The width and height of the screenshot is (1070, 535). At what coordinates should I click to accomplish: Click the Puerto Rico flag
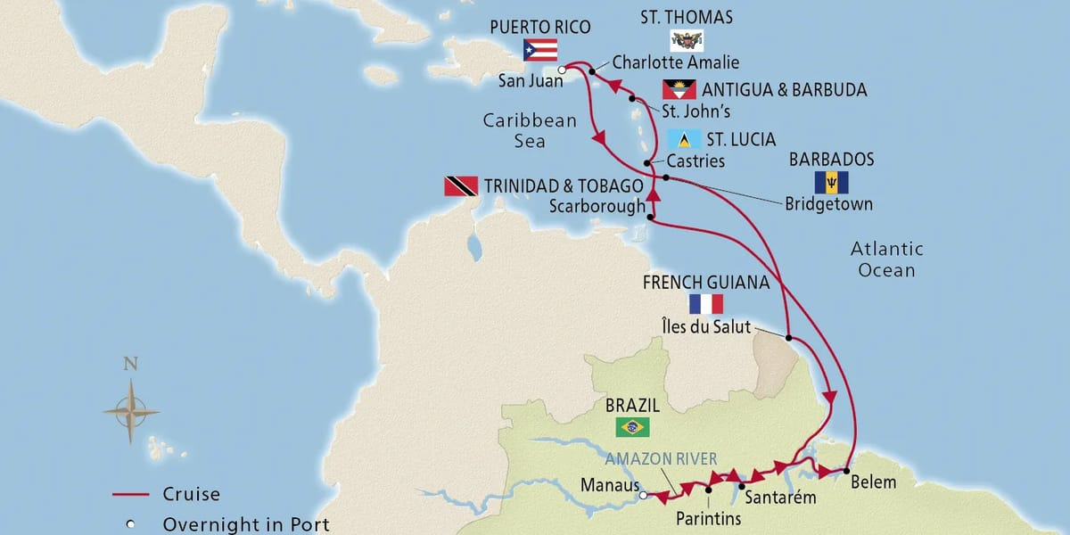click(540, 50)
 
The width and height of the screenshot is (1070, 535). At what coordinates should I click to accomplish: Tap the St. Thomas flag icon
click(687, 40)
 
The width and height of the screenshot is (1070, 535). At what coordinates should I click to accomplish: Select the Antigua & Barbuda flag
click(679, 90)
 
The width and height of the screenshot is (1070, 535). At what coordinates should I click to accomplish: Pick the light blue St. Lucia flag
click(683, 140)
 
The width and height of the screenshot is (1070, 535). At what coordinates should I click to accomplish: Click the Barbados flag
click(831, 183)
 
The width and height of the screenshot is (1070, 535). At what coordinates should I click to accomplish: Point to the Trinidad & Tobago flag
click(461, 186)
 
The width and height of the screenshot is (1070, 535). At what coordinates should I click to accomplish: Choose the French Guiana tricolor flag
click(705, 304)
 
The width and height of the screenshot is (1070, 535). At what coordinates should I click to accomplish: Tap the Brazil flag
click(632, 427)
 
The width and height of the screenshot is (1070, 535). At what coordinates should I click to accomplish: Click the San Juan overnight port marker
click(561, 70)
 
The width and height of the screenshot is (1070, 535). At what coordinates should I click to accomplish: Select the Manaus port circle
click(644, 497)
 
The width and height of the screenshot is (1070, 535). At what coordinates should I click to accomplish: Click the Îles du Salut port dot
click(790, 337)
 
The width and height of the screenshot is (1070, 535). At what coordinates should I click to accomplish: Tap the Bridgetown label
click(828, 204)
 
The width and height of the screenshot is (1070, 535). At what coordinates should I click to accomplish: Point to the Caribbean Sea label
click(530, 130)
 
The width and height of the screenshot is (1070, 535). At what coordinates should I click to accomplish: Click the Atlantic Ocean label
click(886, 259)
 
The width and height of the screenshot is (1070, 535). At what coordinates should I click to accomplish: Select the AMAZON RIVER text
click(661, 458)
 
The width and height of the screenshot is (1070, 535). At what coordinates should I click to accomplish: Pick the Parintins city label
click(708, 518)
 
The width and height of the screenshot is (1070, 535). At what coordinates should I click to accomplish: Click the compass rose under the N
click(130, 411)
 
